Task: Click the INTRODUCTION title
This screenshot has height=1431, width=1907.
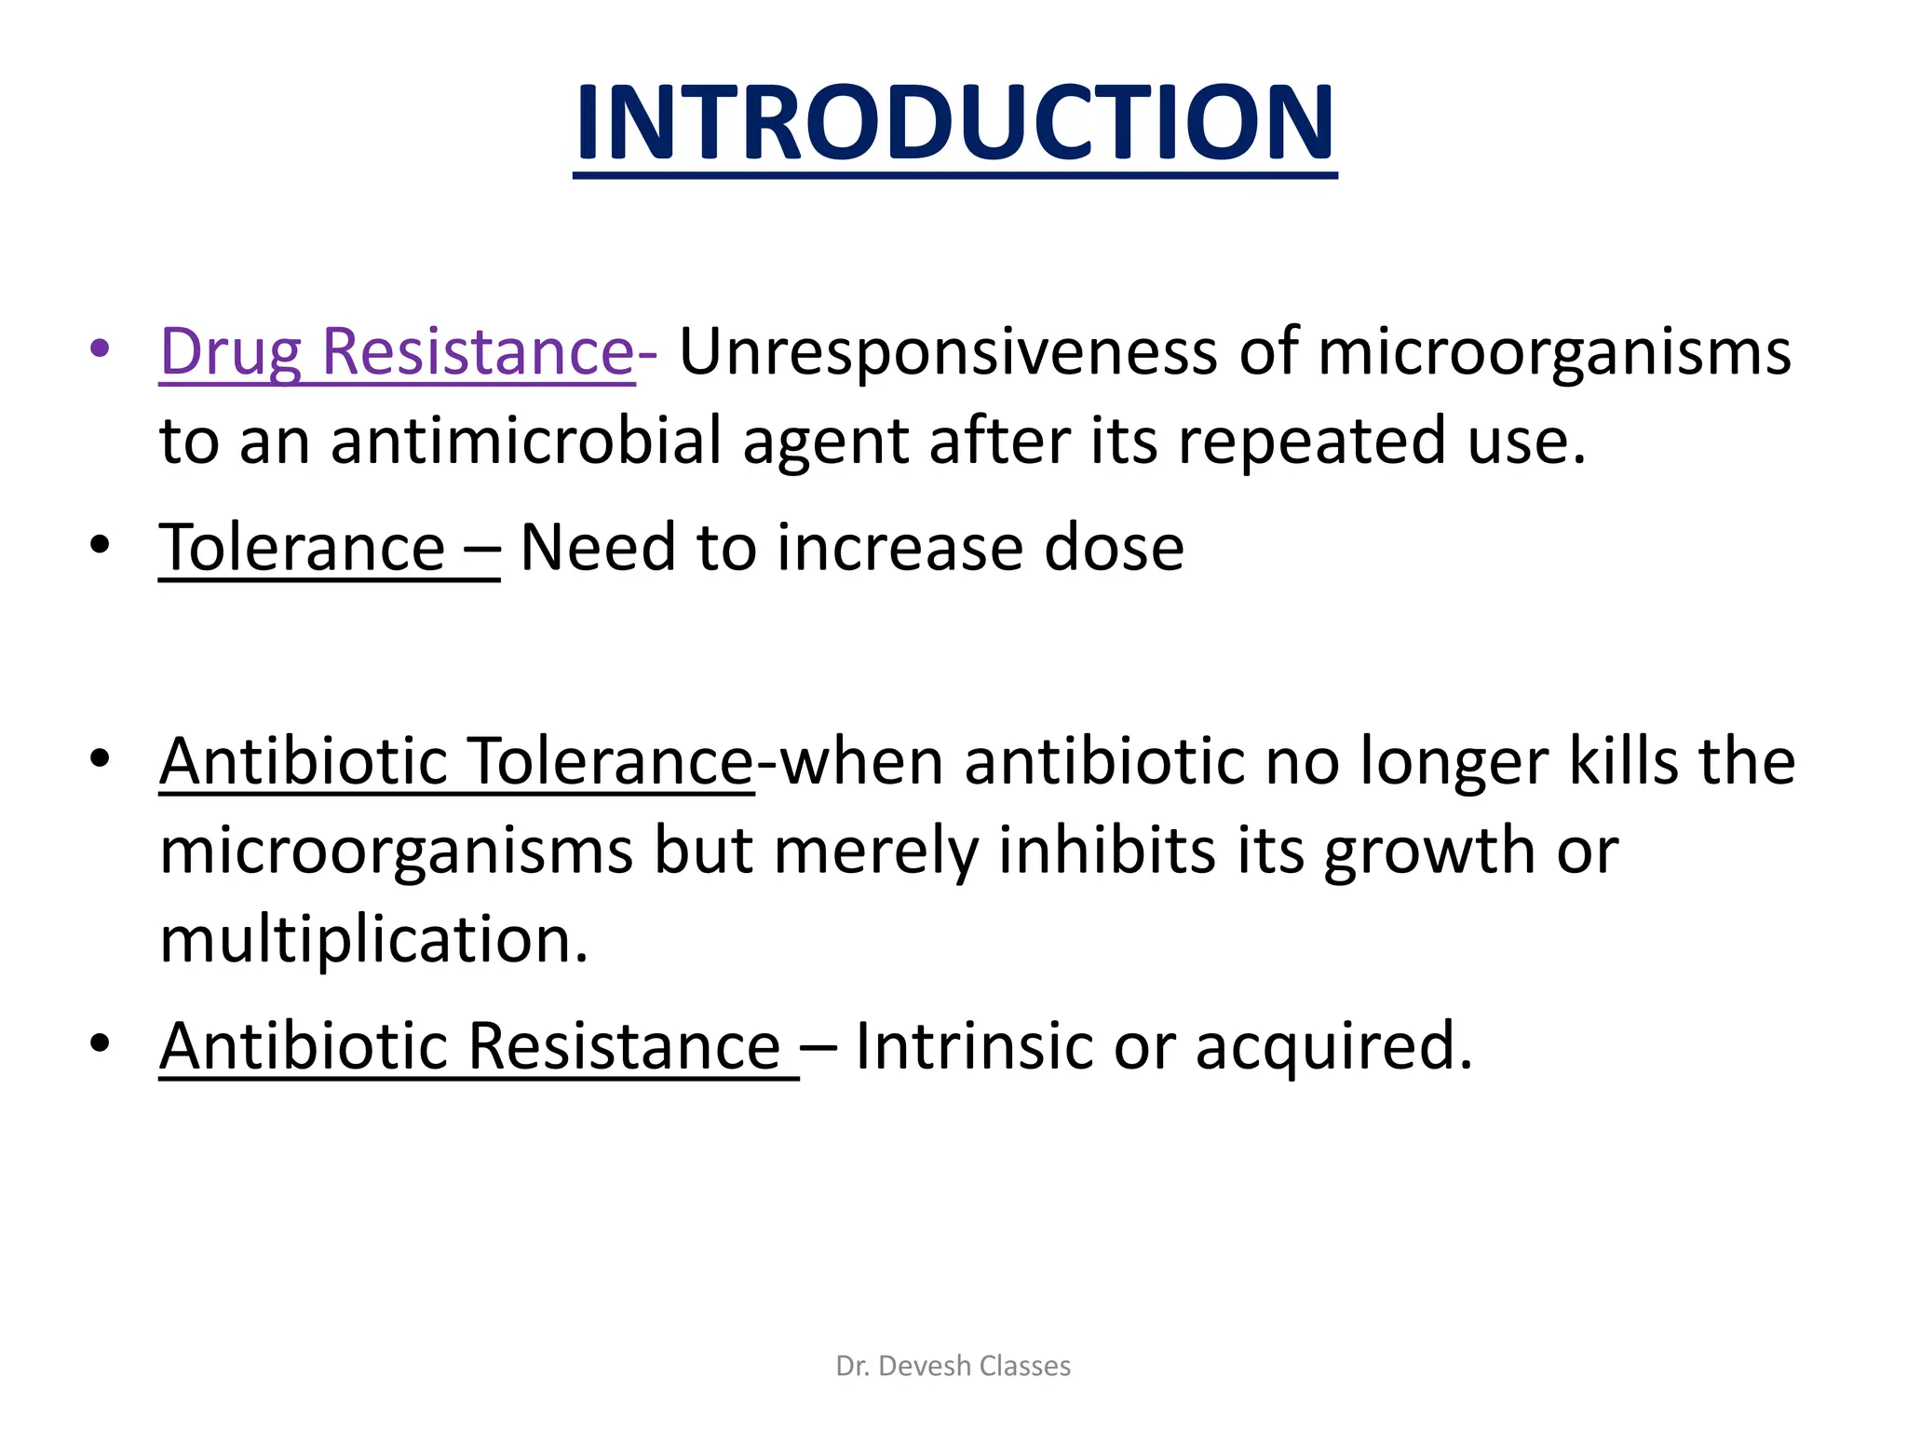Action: click(954, 123)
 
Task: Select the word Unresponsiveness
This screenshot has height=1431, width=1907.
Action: click(947, 352)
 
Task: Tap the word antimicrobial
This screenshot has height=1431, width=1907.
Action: click(526, 441)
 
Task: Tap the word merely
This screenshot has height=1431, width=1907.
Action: click(875, 852)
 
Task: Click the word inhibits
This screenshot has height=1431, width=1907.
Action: click(1107, 851)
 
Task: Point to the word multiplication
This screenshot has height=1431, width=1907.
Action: click(373, 940)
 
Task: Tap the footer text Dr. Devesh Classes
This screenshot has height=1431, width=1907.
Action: click(953, 1366)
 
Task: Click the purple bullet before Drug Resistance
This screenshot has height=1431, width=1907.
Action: click(100, 350)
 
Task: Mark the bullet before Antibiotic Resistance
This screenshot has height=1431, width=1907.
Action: click(100, 1043)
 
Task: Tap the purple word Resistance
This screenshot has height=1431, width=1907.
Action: click(478, 352)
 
